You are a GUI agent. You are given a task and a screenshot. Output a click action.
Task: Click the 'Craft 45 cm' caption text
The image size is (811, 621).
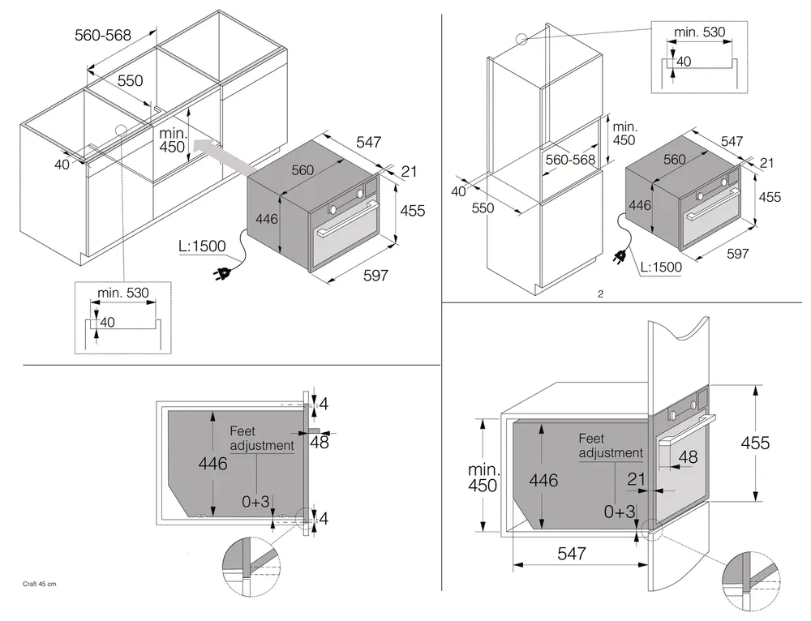pyautogui.click(x=40, y=584)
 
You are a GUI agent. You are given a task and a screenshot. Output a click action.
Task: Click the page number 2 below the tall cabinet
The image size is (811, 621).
pyautogui.click(x=599, y=293)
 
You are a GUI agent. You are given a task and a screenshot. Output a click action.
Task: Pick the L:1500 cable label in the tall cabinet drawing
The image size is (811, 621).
pyautogui.click(x=660, y=266)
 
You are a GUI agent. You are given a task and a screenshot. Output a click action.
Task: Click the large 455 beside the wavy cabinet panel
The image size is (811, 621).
pyautogui.click(x=755, y=443)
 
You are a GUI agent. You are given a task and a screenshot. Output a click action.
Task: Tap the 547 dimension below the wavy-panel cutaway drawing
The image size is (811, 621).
pyautogui.click(x=571, y=554)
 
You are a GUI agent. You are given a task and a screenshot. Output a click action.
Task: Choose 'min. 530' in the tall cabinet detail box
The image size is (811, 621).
pyautogui.click(x=699, y=32)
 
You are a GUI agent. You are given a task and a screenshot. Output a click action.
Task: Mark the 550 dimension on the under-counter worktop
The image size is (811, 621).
pyautogui.click(x=130, y=80)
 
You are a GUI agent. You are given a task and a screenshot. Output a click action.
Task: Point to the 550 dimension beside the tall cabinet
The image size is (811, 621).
pyautogui.click(x=483, y=208)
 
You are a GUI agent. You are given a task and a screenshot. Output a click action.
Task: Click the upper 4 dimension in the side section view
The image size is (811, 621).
pyautogui.click(x=324, y=403)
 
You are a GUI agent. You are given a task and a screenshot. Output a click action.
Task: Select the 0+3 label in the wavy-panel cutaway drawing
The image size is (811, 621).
pyautogui.click(x=620, y=512)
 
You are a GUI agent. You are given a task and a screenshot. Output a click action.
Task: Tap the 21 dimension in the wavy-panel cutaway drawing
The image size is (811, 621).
pyautogui.click(x=637, y=479)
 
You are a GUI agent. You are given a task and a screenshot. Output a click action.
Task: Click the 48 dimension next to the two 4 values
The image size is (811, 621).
pyautogui.click(x=319, y=442)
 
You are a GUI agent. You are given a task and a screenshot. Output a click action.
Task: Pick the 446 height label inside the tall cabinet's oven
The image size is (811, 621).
pyautogui.click(x=641, y=206)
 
